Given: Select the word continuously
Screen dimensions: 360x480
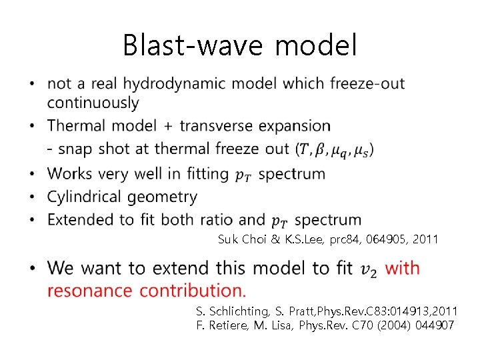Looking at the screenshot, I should (93, 103).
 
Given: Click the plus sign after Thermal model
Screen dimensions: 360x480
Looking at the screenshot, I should (168, 126).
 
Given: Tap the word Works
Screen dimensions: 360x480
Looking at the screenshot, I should (71, 174).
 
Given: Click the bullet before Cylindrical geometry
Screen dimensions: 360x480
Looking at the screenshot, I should (33, 197).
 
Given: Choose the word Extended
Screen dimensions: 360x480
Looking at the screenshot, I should (79, 220).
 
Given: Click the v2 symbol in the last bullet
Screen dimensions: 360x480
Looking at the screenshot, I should (367, 269).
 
